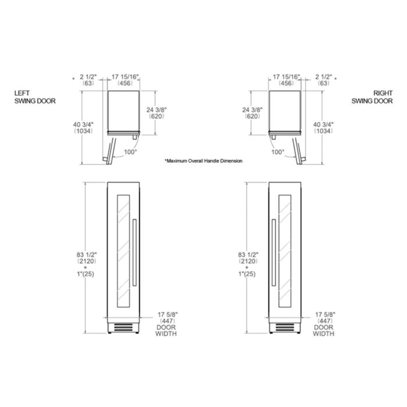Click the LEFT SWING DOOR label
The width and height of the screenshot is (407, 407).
(x=35, y=97)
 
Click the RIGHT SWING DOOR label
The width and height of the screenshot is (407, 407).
(x=372, y=97)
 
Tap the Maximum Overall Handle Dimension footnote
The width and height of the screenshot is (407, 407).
(x=203, y=161)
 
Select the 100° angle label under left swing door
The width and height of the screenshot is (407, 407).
(x=130, y=152)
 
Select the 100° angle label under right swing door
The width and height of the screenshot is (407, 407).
(x=278, y=152)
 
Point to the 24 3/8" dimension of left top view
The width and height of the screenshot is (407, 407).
(x=158, y=113)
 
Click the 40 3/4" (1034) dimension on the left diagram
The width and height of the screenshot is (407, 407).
(x=83, y=128)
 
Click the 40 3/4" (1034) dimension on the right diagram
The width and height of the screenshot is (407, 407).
(x=324, y=128)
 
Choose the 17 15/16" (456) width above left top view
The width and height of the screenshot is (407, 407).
(x=124, y=80)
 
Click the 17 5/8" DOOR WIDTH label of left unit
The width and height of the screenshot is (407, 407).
(x=166, y=324)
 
